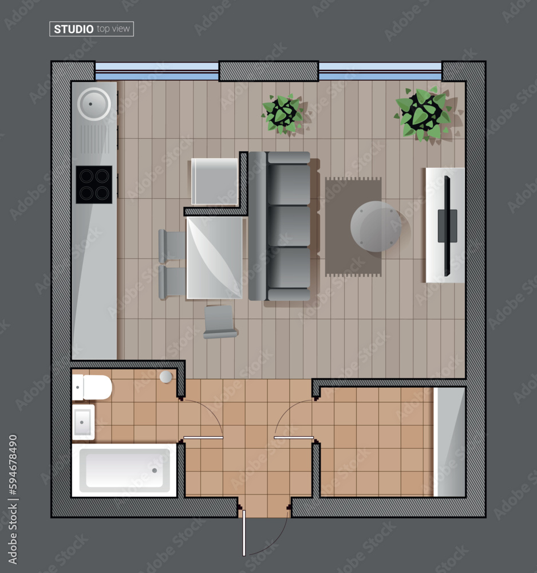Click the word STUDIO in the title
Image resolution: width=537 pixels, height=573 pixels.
click(74, 29)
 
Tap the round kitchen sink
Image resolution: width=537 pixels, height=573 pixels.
click(94, 104)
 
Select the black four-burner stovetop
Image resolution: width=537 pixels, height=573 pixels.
click(94, 185)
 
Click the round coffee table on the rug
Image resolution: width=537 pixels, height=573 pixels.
click(376, 226)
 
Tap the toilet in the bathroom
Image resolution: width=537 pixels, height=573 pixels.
click(93, 387)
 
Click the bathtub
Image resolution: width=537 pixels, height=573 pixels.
click(124, 470)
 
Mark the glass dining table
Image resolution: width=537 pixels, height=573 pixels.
click(215, 257)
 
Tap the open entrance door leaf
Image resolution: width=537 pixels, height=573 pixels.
click(244, 533)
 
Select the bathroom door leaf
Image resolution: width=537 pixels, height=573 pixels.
click(203, 438)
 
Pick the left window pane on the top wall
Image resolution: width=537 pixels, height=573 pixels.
click(157, 71)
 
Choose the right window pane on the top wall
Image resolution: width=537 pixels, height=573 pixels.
click(380, 71)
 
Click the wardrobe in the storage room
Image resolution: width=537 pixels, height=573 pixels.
click(449, 441)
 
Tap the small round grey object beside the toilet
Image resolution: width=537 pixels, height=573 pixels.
click(166, 376)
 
